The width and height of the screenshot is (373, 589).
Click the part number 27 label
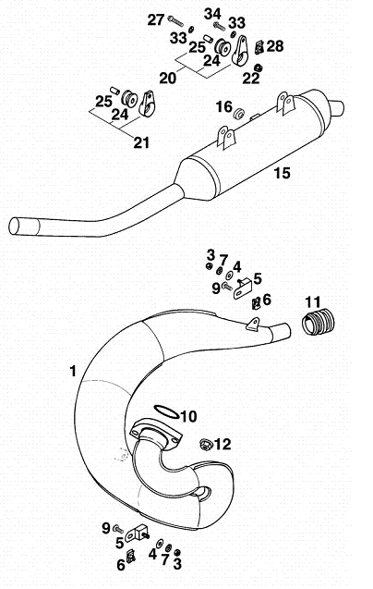[155, 20]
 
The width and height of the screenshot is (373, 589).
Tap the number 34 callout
[212, 14]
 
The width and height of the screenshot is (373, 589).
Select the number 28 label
[275, 46]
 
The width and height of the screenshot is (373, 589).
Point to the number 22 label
[251, 78]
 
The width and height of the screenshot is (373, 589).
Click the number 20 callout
[167, 78]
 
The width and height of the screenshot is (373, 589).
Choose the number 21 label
[141, 142]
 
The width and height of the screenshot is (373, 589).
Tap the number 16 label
[223, 106]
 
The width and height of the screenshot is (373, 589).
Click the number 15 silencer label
[282, 173]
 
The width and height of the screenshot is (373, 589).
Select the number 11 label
[313, 301]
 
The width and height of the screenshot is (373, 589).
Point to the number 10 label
[188, 416]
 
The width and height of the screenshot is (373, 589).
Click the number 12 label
[223, 444]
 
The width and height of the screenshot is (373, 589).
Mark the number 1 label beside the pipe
[73, 371]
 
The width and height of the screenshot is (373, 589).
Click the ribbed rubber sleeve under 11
[319, 321]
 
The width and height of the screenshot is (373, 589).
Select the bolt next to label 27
[175, 21]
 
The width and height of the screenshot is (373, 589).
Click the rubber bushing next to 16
[238, 114]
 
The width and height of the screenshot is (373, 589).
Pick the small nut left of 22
[258, 68]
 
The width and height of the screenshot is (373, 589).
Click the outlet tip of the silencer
[337, 108]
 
